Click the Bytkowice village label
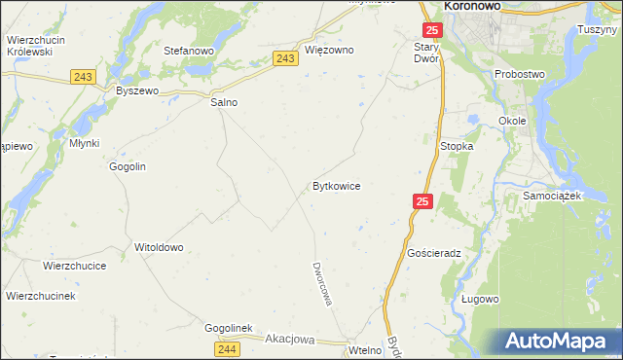[337, 185]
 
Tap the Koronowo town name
[472, 6]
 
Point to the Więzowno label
[329, 50]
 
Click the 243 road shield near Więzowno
[284, 59]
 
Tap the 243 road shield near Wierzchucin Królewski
[81, 76]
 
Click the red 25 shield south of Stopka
[421, 201]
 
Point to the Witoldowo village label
[159, 247]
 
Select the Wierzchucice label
[74, 265]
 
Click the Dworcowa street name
[322, 283]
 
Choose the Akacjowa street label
[290, 340]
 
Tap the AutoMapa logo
[559, 341]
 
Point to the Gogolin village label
[128, 166]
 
